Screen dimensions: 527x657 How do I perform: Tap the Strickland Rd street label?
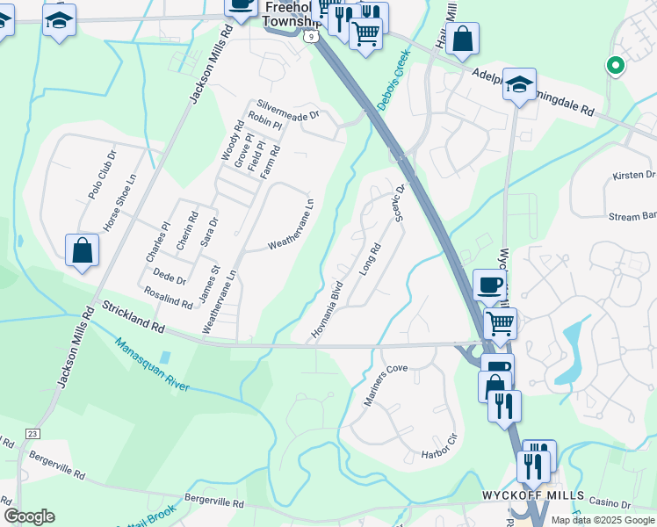point(133,317)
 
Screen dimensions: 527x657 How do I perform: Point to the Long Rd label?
point(370,259)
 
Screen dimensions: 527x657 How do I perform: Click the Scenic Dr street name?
point(399,203)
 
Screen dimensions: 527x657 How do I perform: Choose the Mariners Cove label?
point(386,385)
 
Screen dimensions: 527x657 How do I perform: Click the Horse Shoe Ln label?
point(120,202)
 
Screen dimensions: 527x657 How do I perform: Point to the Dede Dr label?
point(170,280)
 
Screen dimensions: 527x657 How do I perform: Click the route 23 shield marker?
point(33,433)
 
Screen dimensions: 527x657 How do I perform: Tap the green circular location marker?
point(616,65)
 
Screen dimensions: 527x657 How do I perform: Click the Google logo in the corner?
point(29,516)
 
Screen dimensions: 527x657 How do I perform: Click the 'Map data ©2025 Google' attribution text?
point(603,520)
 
